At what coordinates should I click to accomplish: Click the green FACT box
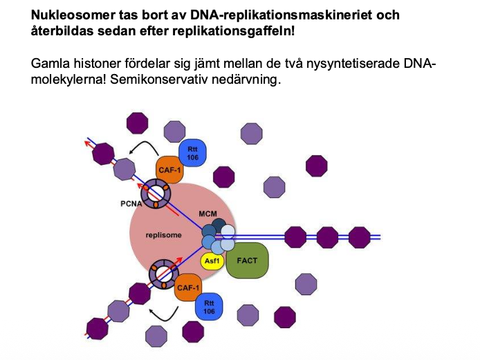pos(246,260)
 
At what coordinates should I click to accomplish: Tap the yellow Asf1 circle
pos(212,261)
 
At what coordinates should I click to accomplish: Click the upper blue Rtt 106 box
pos(193,152)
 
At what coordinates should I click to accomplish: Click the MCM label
pos(207,214)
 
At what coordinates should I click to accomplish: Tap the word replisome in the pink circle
pos(163,235)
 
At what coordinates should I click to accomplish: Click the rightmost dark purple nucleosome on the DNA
pos(359,237)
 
